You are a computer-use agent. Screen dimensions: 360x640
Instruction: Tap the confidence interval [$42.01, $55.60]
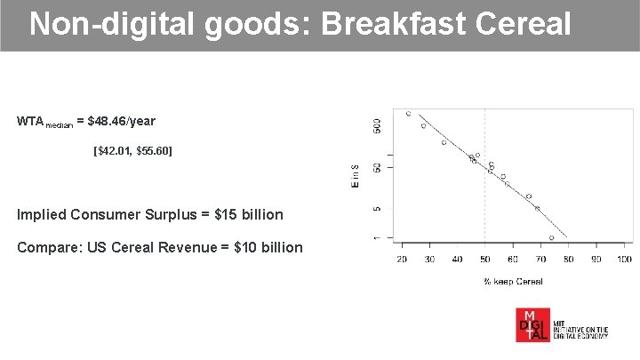[133, 152]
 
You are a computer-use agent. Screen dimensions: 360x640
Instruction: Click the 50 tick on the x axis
[484, 259]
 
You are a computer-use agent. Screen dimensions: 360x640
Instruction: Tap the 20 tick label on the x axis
[402, 259]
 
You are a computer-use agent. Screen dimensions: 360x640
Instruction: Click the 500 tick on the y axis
[376, 124]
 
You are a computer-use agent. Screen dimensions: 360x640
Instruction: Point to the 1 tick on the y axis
[376, 237]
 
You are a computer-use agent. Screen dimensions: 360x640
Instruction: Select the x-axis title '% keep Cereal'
[513, 281]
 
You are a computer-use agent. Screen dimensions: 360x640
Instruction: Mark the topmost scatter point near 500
[408, 114]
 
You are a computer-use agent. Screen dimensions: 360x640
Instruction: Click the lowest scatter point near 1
[551, 237]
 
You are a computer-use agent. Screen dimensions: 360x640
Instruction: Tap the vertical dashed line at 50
[484, 196]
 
